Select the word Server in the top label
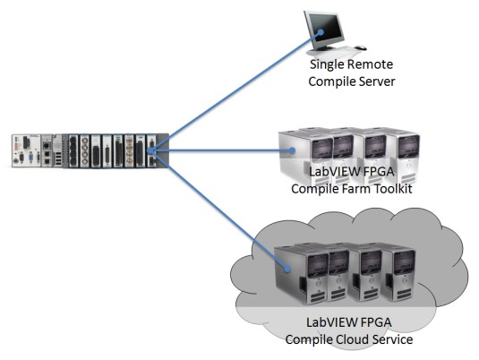377,81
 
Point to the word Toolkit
394,189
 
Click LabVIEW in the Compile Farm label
330,171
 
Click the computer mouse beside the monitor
361,47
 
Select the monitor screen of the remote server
327,29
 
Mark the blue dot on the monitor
321,32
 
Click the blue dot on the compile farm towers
292,150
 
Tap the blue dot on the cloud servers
287,269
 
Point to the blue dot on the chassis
150,150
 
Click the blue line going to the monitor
235,91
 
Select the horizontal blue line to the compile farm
221,150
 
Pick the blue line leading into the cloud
218,210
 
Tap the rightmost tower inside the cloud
398,273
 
